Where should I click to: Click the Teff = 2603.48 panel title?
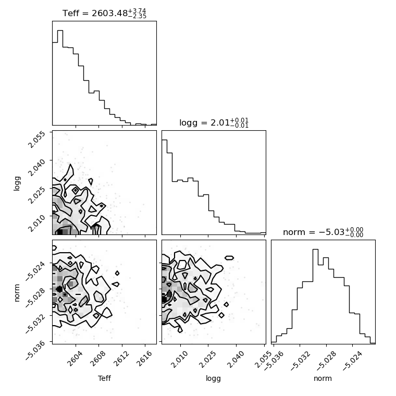click(x=104, y=13)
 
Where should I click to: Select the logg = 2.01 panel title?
click(x=214, y=123)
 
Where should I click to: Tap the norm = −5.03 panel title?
click(x=323, y=232)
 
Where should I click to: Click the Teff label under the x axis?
click(x=104, y=378)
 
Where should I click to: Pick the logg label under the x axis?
click(x=214, y=379)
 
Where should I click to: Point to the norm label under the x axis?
click(x=323, y=378)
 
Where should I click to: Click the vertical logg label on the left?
click(x=17, y=183)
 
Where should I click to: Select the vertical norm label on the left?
click(x=17, y=293)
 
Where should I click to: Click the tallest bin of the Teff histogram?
click(x=60, y=78)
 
